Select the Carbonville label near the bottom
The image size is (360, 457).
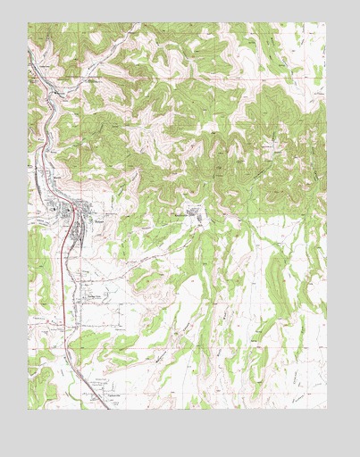(x=113, y=393)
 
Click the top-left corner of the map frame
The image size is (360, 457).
(x=28, y=23)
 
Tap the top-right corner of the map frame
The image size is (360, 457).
(x=327, y=23)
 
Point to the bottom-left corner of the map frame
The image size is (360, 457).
(x=28, y=409)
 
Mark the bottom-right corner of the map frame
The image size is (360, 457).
(x=327, y=409)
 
